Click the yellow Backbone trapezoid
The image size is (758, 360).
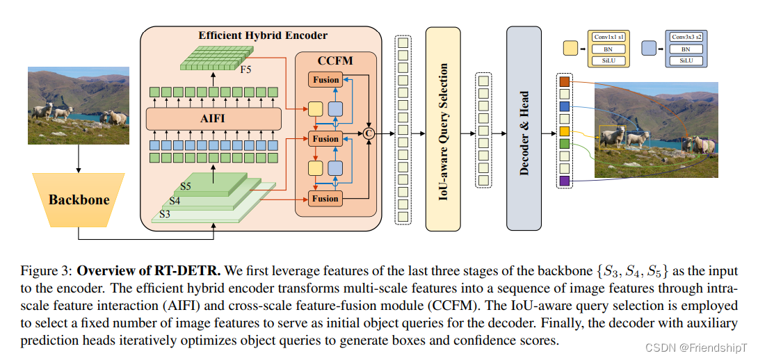[x=79, y=199]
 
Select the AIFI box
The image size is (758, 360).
[x=213, y=119]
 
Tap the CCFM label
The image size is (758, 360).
[x=335, y=60]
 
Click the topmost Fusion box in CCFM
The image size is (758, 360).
[x=325, y=80]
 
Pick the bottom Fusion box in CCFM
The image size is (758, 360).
[x=325, y=199]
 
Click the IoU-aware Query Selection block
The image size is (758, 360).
[x=443, y=128]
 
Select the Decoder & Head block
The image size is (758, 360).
[x=524, y=128]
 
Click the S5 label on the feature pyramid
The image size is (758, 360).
[x=185, y=186]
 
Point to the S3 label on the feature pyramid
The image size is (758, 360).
[x=165, y=214]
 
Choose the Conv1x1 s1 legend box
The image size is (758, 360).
[x=607, y=36]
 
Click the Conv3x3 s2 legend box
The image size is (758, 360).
[x=686, y=36]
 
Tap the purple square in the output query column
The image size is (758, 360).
[x=564, y=181]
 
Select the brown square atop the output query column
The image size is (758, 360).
[x=564, y=82]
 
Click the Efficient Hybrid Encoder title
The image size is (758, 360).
[x=262, y=35]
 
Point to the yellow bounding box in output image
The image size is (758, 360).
[x=612, y=137]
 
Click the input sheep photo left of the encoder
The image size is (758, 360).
[x=79, y=105]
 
